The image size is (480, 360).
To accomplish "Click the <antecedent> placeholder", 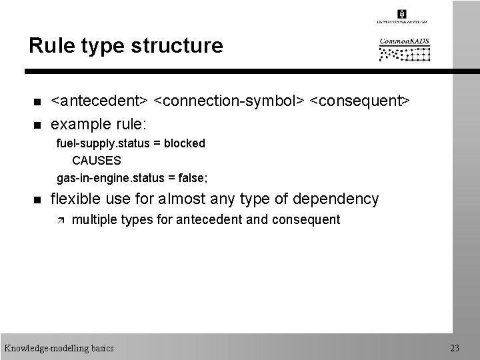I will point(100,101).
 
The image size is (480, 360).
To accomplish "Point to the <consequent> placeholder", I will point(360,101).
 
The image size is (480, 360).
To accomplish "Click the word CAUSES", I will point(97,161).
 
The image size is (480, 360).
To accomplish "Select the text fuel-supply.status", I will point(105,143).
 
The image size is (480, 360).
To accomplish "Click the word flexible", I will point(75,199).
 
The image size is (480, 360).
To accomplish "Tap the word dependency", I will point(339,199).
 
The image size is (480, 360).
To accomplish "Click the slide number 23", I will point(455,347).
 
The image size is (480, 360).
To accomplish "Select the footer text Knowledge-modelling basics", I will point(59,347).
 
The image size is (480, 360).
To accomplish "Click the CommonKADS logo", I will point(405,51).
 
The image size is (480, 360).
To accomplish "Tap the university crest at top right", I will point(402,13).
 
